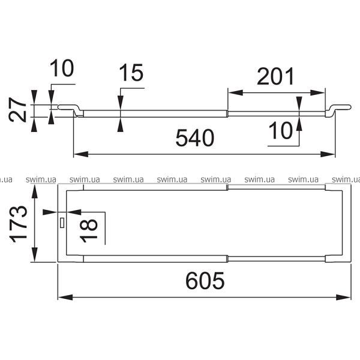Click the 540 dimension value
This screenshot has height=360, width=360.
[x=195, y=138]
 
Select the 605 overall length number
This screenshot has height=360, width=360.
[x=205, y=281]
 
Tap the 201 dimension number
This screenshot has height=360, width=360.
[x=275, y=76]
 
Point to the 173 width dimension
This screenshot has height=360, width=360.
[x=18, y=224]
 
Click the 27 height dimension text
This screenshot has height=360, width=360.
[x=17, y=110]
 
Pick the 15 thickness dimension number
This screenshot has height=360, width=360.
[x=131, y=73]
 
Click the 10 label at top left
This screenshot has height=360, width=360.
[x=62, y=68]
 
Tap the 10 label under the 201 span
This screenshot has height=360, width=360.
[x=280, y=130]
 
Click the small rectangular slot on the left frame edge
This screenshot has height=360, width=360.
[x=62, y=223]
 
